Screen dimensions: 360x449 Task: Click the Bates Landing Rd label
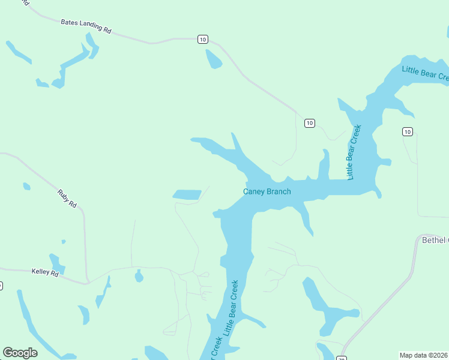coord(86,26)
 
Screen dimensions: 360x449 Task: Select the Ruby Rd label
coord(68,199)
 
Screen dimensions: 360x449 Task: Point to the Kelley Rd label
coord(45,272)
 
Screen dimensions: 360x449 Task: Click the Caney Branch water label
coord(267,192)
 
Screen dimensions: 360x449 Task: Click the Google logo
coord(20,353)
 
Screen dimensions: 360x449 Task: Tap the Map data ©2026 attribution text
coord(424,355)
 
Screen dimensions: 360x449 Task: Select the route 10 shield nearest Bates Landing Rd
coord(202,40)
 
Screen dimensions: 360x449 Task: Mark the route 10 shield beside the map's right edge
coord(408,131)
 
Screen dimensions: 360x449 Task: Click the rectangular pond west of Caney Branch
coord(187,194)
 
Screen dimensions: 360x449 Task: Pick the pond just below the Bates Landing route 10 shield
coord(214,59)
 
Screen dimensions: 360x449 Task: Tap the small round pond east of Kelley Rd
coord(139,276)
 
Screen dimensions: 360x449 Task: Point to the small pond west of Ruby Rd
coord(26,187)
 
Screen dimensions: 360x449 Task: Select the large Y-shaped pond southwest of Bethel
coord(324,305)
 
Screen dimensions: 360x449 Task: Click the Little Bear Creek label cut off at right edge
coord(426,73)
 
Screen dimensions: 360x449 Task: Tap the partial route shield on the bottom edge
coord(340,358)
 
